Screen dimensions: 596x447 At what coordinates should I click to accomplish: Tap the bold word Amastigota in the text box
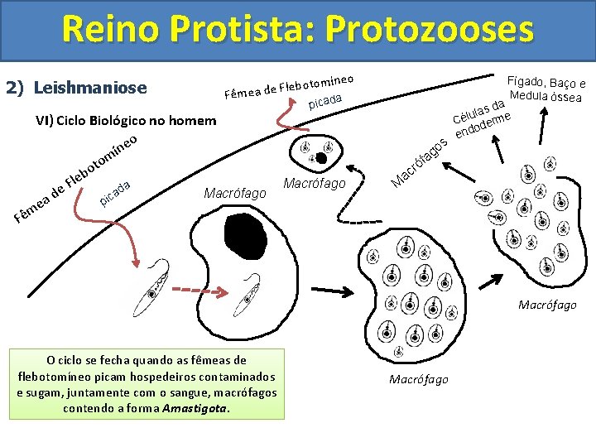[195, 408]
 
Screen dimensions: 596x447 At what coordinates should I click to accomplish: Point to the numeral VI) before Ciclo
[45, 121]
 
